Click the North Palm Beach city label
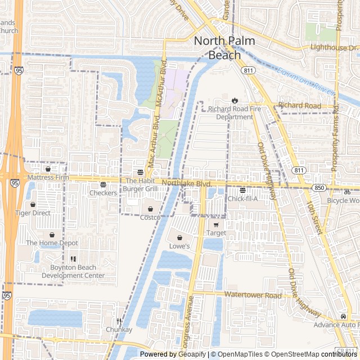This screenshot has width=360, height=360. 224,48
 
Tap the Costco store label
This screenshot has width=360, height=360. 150,217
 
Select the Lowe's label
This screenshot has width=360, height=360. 179,246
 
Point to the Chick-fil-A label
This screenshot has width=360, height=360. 242,199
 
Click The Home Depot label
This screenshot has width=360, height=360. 52,243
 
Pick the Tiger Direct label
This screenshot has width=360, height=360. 33,213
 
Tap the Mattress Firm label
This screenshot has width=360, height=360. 48,177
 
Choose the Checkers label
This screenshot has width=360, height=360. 103,193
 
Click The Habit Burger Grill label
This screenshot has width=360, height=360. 141,184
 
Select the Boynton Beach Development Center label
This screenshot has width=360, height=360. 73,272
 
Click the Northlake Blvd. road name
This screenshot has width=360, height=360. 186,183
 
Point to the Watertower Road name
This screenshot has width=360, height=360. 253,295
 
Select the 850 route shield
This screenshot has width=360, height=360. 319,187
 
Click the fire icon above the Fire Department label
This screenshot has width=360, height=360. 235,100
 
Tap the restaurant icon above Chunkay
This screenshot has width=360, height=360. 119,321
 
